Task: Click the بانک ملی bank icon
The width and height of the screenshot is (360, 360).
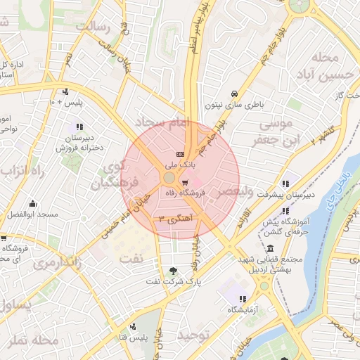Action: [179, 153]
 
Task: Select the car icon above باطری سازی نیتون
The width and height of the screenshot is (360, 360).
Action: [234, 94]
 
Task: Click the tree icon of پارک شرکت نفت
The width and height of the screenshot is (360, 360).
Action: [174, 270]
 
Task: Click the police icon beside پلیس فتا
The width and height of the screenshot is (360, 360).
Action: [133, 326]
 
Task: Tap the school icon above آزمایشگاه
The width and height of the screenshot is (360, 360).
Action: [243, 299]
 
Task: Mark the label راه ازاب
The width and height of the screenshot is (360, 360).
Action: [23, 171]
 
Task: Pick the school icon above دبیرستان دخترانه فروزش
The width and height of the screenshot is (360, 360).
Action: [79, 127]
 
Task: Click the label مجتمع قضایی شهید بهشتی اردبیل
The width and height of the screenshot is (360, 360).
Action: [271, 264]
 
